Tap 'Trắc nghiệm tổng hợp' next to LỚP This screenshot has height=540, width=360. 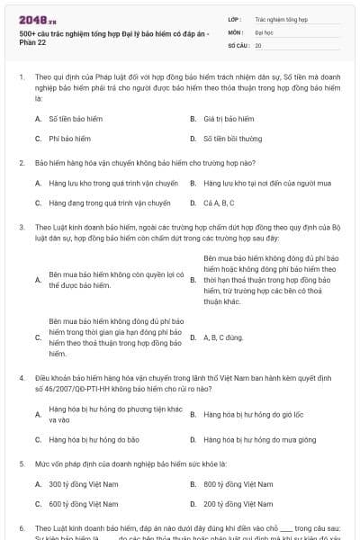point(280,18)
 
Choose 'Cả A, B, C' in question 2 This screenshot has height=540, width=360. point(220,203)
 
